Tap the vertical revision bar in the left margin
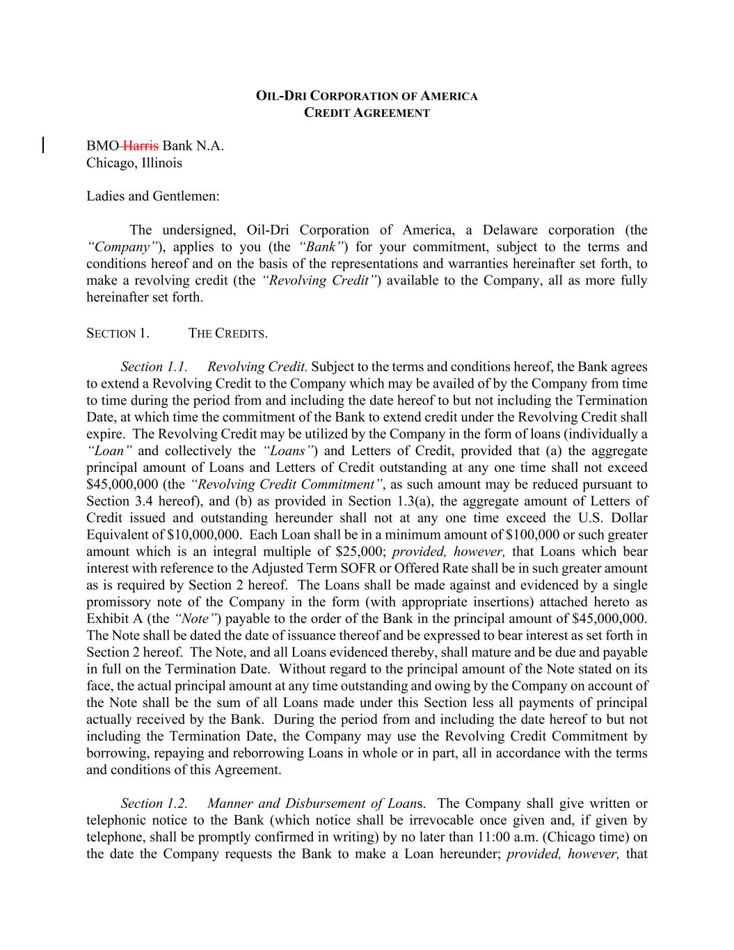pyautogui.click(x=44, y=145)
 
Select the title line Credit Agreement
pyautogui.click(x=367, y=113)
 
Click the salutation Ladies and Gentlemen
pyautogui.click(x=153, y=196)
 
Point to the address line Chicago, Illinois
pyautogui.click(x=134, y=163)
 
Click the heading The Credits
pyautogui.click(x=228, y=333)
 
